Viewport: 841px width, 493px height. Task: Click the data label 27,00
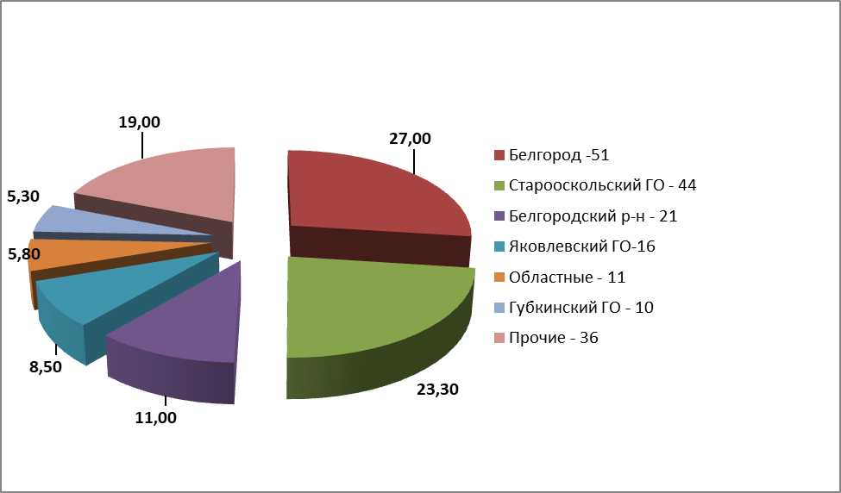pos(409,138)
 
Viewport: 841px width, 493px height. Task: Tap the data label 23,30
pos(437,389)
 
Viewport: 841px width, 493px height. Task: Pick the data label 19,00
pos(139,122)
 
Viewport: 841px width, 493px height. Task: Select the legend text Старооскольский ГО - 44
pos(602,185)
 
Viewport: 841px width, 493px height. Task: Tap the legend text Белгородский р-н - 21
pos(593,216)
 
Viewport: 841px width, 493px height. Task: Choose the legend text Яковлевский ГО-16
pos(582,246)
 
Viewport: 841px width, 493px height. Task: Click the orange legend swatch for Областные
pos(499,278)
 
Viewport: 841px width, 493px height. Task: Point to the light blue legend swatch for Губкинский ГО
pos(499,308)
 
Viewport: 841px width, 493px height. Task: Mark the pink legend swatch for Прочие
pos(499,338)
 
